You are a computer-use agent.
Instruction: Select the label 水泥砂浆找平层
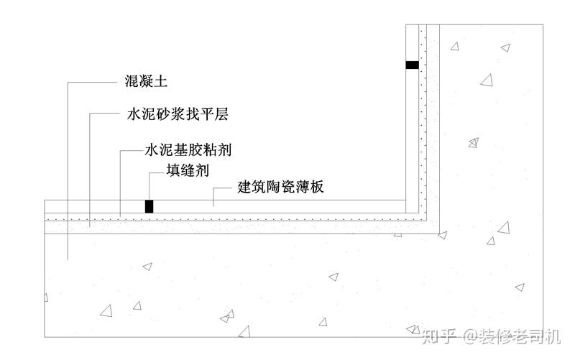coord(177,115)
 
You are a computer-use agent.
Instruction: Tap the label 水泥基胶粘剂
coord(188,151)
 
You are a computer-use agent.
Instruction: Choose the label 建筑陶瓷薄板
coord(281,188)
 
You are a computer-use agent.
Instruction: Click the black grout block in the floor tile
coord(149,206)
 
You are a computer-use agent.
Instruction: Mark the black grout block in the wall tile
coord(412,65)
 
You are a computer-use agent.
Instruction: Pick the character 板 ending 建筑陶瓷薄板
coord(317,188)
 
